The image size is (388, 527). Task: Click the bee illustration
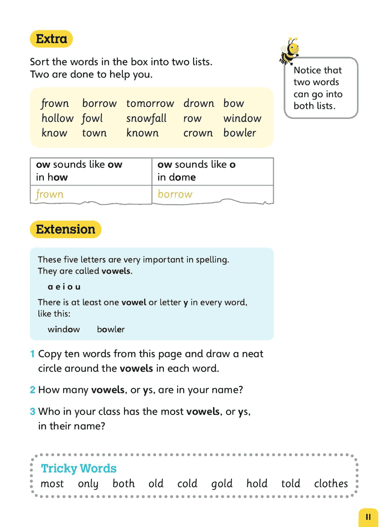point(289,51)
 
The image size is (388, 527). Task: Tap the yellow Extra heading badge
point(51,39)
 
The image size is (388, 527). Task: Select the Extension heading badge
point(65,229)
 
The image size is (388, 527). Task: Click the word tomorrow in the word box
point(150,103)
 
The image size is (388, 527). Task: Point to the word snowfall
point(146,118)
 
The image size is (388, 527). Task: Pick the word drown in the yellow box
point(199,103)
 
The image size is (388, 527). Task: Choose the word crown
point(198,133)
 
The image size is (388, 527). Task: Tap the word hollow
point(57,118)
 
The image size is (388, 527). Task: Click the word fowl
point(92,118)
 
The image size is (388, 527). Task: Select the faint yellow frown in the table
point(50,194)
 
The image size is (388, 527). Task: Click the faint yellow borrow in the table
point(175,194)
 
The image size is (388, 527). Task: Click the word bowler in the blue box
point(111,329)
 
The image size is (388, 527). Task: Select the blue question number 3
point(32,411)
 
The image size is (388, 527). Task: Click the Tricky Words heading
point(79,468)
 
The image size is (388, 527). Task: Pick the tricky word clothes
point(331,484)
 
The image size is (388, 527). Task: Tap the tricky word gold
point(222,484)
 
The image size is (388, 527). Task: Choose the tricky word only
point(88,484)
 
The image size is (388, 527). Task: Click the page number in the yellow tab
point(368,517)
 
